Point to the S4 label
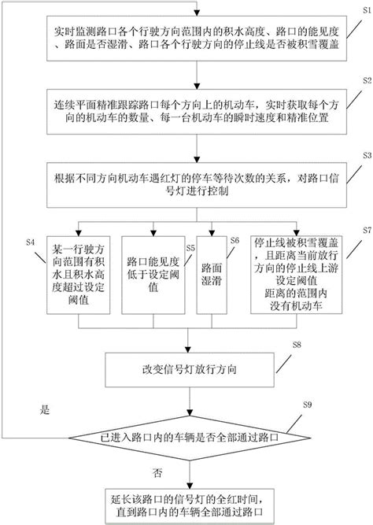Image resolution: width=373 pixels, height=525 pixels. click(x=31, y=240)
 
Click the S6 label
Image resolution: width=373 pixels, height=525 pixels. click(x=235, y=240)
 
